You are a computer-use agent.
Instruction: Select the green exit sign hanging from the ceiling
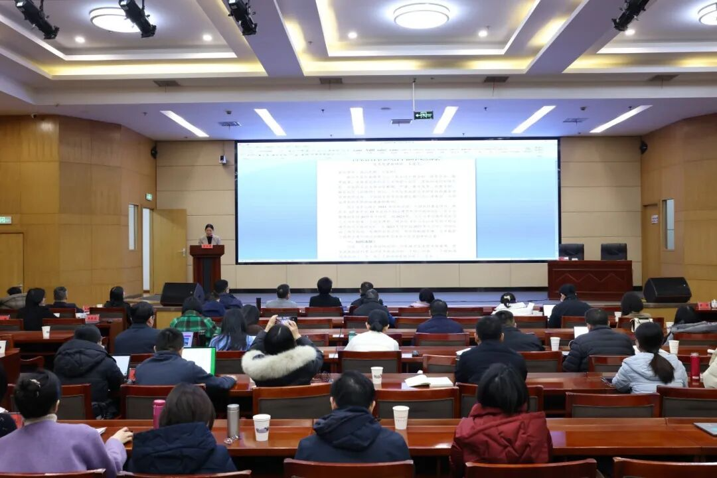(423, 115)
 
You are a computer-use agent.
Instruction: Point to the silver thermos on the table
(233, 421)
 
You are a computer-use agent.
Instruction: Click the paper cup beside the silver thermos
(262, 427)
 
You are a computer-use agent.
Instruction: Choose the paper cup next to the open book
(376, 375)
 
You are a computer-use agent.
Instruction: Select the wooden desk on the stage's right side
(590, 279)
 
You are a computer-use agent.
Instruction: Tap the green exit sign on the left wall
(5, 220)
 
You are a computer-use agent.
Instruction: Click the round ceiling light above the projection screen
(421, 15)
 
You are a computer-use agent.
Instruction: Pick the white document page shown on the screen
(396, 209)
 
